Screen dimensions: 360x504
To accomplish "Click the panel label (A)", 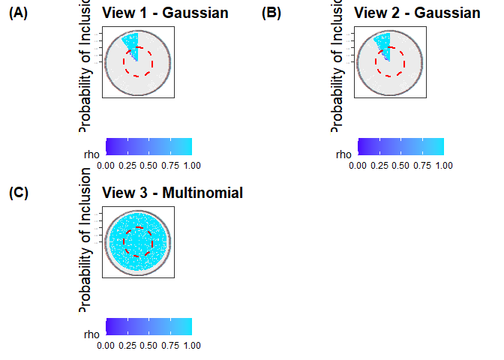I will click(18, 13).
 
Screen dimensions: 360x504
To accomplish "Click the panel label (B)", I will click(271, 13).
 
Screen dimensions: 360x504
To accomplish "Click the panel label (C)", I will click(18, 193).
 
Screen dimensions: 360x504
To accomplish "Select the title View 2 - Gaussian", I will click(417, 13).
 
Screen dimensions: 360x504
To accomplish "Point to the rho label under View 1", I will click(91, 154).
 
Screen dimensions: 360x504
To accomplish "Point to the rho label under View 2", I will click(343, 154).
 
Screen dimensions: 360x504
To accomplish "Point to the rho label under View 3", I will click(91, 334).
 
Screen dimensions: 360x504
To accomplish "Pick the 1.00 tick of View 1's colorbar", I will click(192, 165).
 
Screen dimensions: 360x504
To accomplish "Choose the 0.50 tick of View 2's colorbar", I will click(400, 165).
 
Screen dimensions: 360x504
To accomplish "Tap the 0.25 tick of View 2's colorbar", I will click(379, 165).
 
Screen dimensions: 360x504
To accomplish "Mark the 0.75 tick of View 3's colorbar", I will click(170, 345).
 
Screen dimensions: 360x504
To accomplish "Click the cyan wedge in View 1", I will click(130, 43).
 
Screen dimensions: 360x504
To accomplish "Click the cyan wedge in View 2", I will click(382, 43).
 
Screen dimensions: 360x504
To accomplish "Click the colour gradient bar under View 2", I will click(400, 146).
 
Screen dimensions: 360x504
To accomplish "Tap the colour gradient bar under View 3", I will click(148, 326).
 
